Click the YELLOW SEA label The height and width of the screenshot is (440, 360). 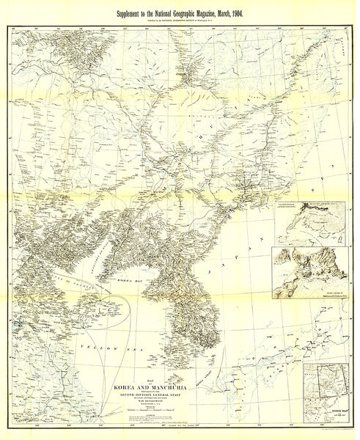point(95,345)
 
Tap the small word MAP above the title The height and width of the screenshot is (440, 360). point(144,379)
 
